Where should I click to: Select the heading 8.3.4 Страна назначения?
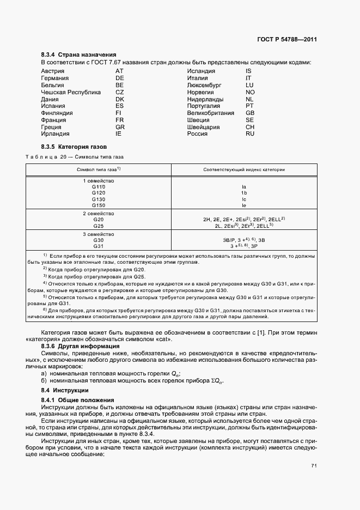click(78, 55)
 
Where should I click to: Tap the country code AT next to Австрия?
click(120, 71)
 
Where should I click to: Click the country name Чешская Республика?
click(71, 92)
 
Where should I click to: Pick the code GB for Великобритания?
click(250, 113)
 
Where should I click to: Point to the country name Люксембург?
click(204, 85)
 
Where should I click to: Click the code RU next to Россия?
click(250, 133)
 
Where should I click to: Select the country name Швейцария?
click(203, 127)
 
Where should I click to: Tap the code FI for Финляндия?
click(119, 113)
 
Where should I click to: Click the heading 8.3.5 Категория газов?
click(74, 147)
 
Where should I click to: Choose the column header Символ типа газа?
click(98, 169)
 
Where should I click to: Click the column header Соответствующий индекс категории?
click(244, 169)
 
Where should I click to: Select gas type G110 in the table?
click(99, 186)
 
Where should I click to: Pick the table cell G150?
click(99, 205)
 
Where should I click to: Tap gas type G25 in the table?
click(99, 225)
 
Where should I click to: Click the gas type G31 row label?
click(99, 245)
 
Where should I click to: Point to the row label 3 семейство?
click(99, 233)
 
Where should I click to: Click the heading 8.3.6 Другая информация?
click(81, 346)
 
